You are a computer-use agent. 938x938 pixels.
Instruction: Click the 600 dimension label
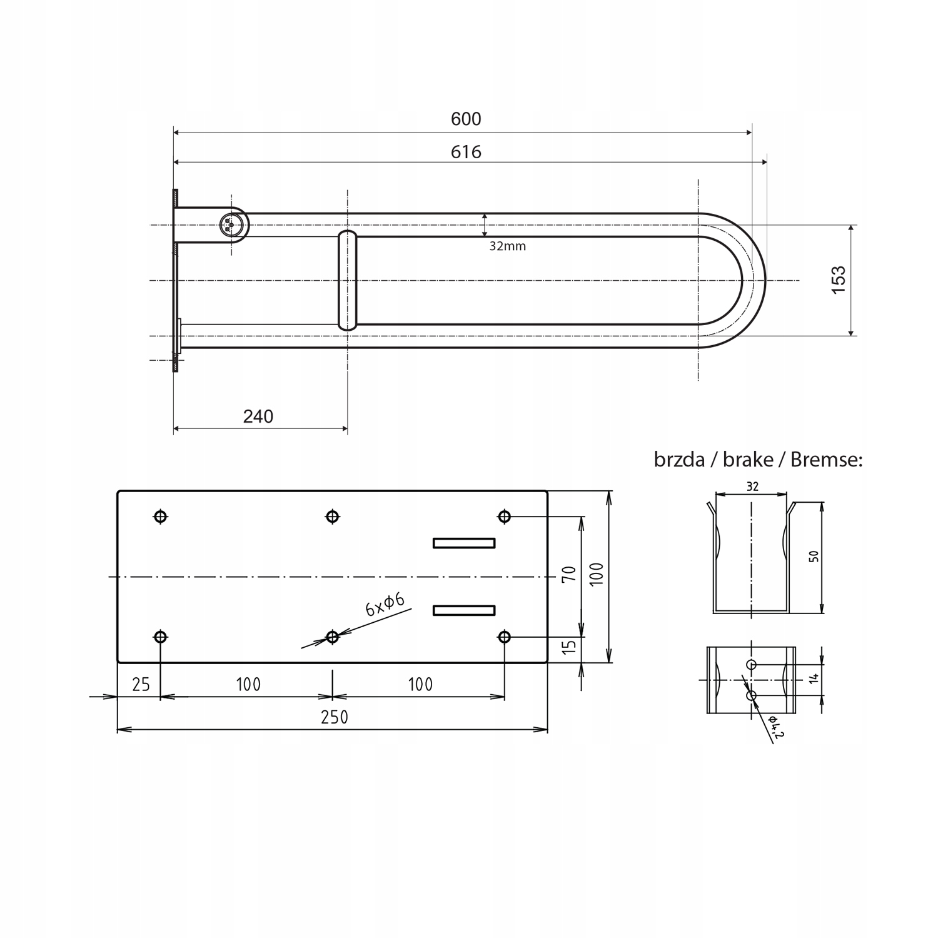[x=466, y=119]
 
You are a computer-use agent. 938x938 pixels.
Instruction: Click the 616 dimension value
[x=466, y=152]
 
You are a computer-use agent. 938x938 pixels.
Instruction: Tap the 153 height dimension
[x=839, y=276]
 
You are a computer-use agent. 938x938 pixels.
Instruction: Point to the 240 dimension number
[x=258, y=416]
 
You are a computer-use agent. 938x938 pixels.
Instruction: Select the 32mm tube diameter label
[x=507, y=246]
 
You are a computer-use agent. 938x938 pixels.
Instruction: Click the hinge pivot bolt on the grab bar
[x=231, y=224]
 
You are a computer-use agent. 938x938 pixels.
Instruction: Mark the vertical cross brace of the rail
[x=348, y=280]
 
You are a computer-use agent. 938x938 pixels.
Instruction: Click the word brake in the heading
[x=748, y=460]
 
